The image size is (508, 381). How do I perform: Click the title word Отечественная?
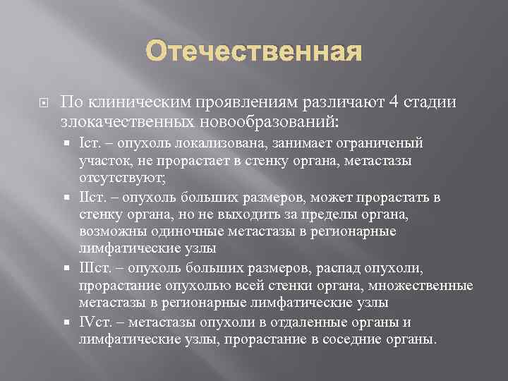(253, 54)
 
